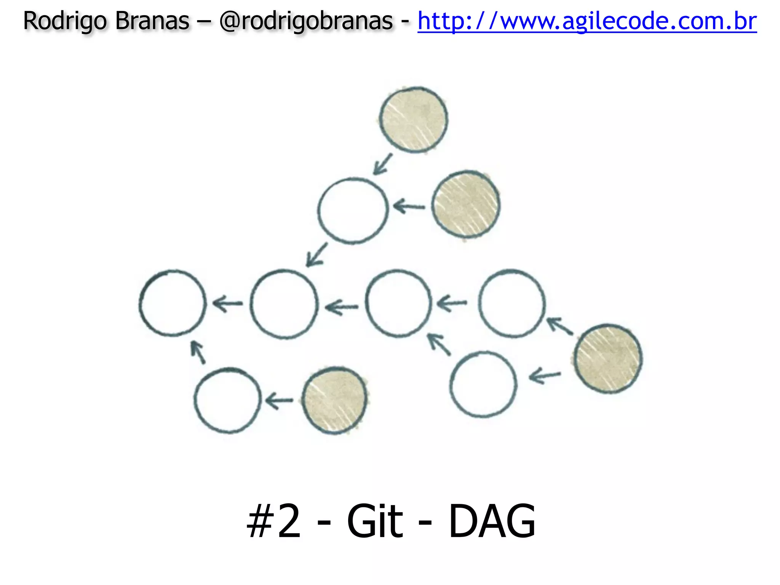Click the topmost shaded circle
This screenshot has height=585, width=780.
coord(414,120)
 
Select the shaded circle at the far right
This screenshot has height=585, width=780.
coord(608,358)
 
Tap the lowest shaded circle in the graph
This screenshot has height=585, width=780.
coord(334,400)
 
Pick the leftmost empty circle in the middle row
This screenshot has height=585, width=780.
coord(173,303)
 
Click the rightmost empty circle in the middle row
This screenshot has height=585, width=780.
coord(511,303)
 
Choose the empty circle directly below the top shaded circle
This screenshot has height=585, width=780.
coord(353,210)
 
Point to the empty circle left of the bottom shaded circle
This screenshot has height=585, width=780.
coord(228,400)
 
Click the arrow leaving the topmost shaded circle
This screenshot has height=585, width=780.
coord(382,164)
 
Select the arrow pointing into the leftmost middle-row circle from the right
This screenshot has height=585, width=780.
coord(227,304)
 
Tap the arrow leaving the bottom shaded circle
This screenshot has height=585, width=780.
coord(279,401)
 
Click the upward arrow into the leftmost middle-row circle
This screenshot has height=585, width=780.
coord(198,352)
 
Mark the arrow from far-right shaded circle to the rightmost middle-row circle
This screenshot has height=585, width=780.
coord(559,326)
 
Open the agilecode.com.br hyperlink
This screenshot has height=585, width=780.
coord(587,21)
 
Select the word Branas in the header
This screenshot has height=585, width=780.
coord(152,21)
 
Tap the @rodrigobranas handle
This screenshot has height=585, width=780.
coord(306,21)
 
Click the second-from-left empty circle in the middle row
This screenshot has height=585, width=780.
coord(284,304)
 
